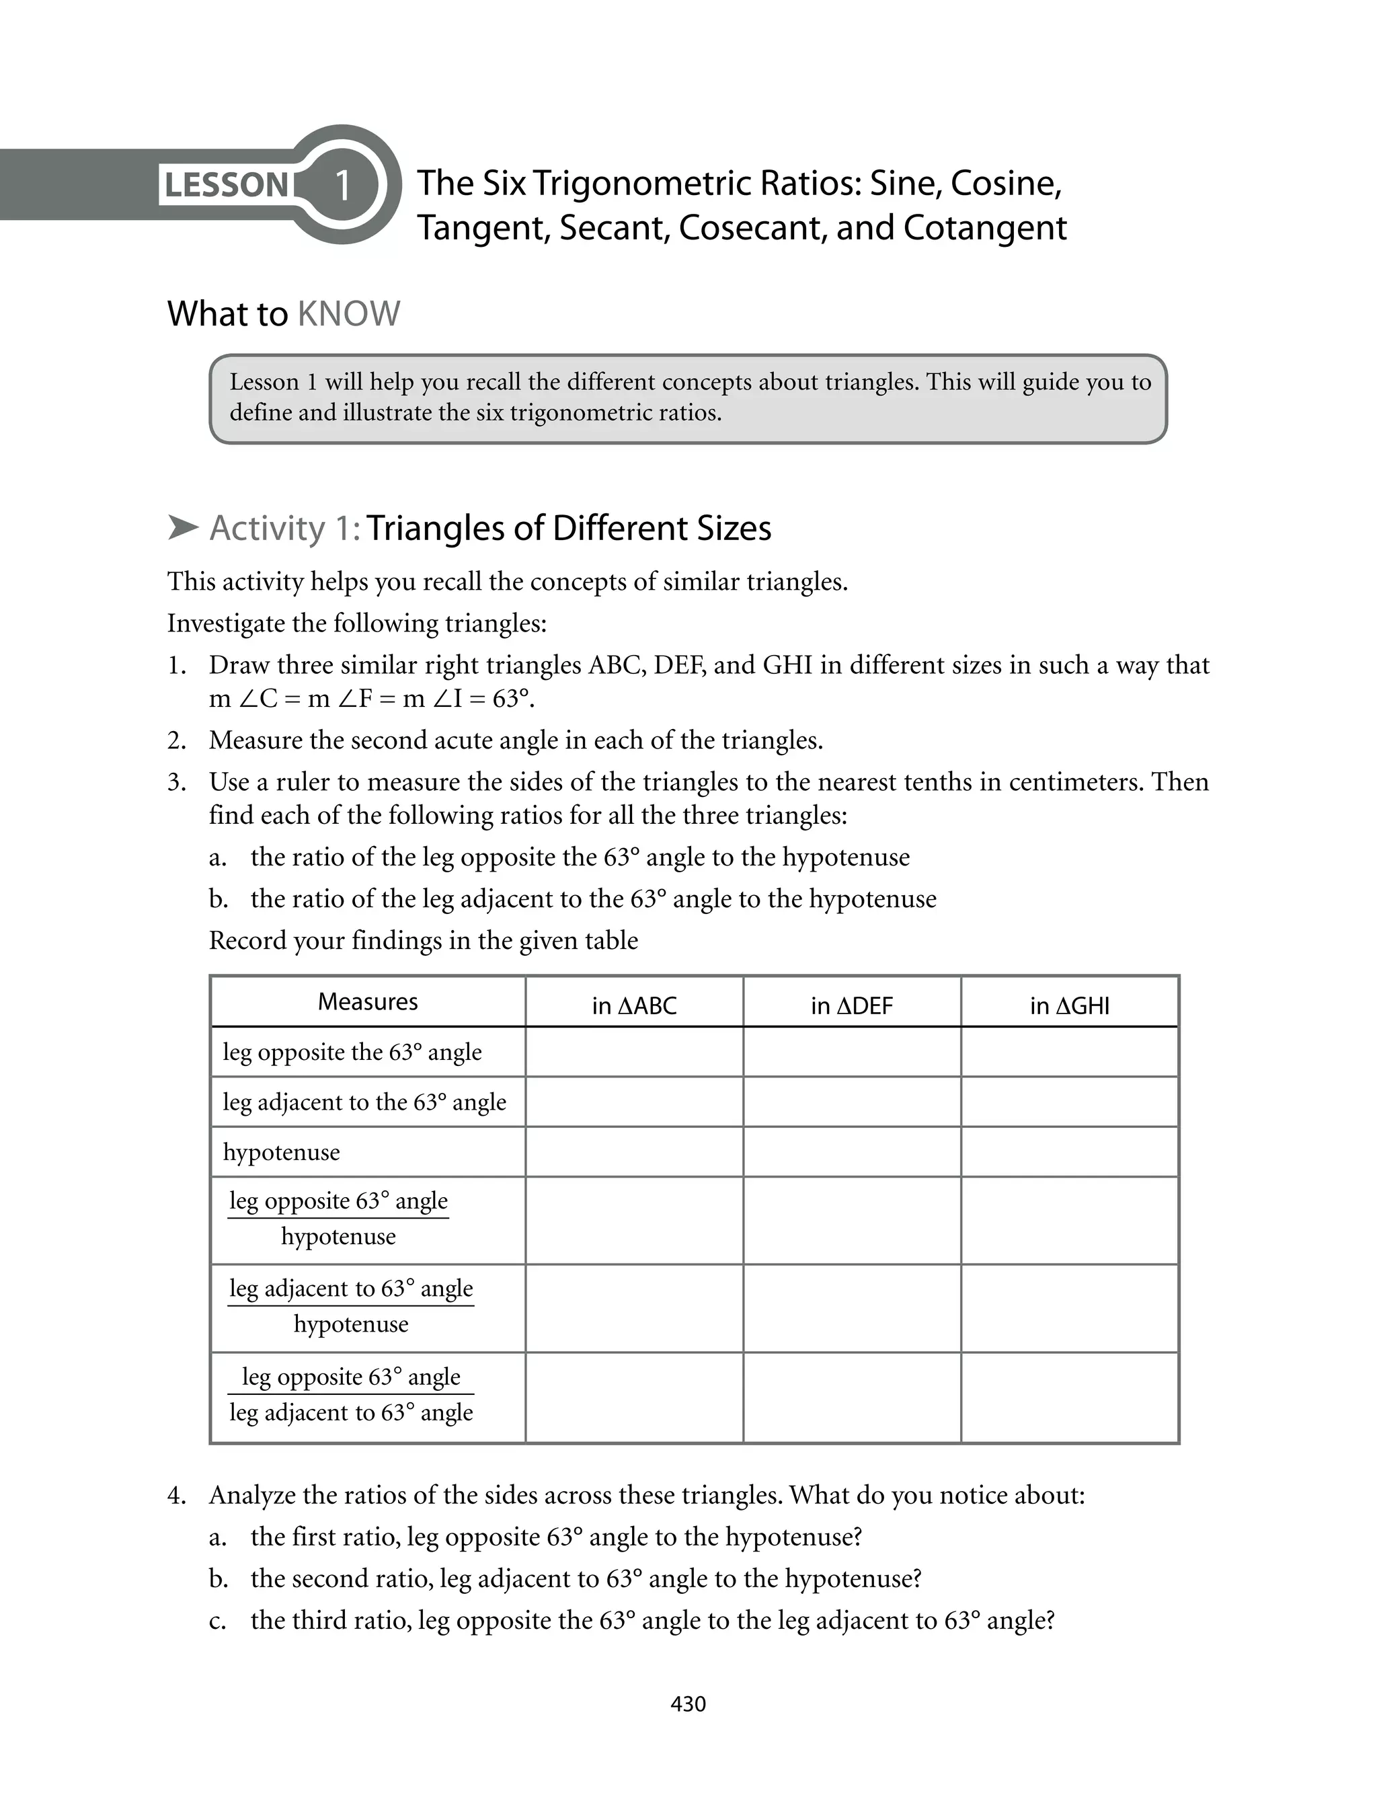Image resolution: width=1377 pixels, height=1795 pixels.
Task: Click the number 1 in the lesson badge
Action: [343, 185]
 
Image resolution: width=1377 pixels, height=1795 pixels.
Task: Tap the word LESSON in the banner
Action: [226, 185]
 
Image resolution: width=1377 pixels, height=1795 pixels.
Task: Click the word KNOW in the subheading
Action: [348, 314]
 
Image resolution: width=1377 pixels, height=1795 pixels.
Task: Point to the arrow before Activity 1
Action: [183, 528]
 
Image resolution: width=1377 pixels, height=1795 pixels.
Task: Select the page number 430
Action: [688, 1704]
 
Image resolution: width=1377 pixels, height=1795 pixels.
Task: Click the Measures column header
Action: [367, 1001]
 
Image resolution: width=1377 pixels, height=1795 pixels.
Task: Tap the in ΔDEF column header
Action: [852, 1005]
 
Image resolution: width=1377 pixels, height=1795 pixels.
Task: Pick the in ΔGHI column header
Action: [1069, 1005]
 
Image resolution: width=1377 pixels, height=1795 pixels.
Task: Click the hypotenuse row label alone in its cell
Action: [281, 1151]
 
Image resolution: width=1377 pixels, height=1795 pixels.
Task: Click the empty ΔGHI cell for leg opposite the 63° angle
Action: [1069, 1052]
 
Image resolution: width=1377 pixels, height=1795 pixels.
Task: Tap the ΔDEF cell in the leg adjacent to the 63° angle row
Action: [852, 1102]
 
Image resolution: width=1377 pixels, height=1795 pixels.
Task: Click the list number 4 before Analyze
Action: [175, 1495]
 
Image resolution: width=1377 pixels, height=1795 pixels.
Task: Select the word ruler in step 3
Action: [303, 782]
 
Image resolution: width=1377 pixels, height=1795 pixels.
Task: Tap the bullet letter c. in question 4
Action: [217, 1620]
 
